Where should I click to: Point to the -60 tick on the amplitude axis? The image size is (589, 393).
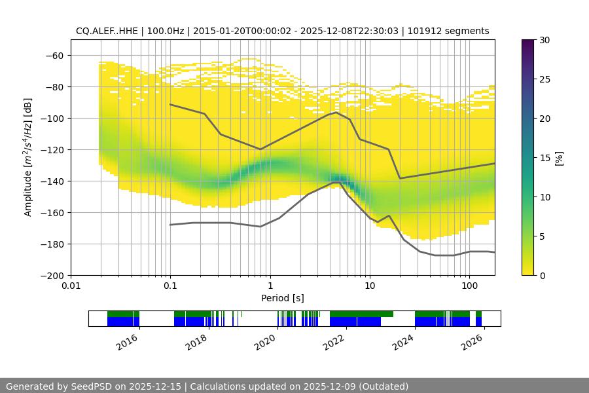tap(55, 55)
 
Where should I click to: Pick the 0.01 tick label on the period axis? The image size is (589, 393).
tap(71, 286)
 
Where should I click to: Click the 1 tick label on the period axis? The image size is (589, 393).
tap(270, 286)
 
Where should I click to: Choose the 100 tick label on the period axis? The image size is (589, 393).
tap(469, 286)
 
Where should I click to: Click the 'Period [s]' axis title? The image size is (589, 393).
tap(282, 298)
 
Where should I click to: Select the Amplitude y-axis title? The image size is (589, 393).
tap(28, 157)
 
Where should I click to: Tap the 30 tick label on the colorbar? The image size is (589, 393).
tap(544, 40)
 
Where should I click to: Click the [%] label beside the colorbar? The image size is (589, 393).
tap(559, 158)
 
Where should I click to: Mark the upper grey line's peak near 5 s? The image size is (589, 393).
tap(336, 112)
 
